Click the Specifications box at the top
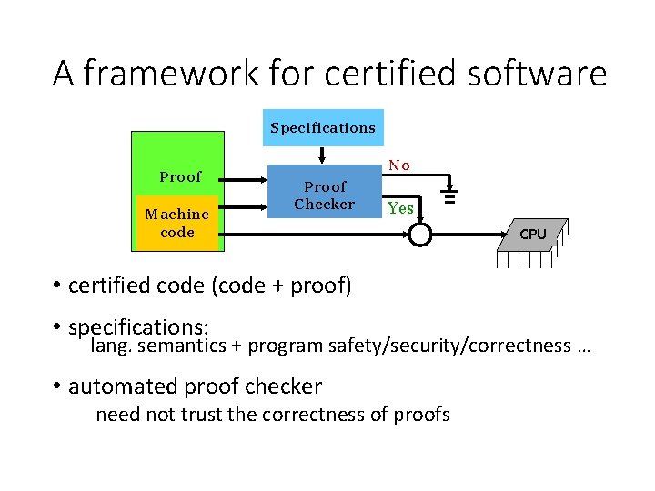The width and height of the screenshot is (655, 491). pyautogui.click(x=322, y=127)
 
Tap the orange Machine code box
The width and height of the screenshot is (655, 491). pyautogui.click(x=177, y=223)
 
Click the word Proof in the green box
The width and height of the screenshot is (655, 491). pyautogui.click(x=180, y=176)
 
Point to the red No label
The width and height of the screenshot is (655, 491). pyautogui.click(x=399, y=165)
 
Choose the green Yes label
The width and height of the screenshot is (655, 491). pyautogui.click(x=400, y=208)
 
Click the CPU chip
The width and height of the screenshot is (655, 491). pyautogui.click(x=532, y=235)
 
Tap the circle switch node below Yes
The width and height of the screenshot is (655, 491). pyautogui.click(x=419, y=235)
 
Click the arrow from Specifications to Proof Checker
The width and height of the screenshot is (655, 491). pyautogui.click(x=322, y=154)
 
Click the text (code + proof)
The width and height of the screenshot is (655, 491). pyautogui.click(x=282, y=286)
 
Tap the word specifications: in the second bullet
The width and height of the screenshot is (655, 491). pyautogui.click(x=139, y=326)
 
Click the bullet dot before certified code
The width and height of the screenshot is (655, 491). pyautogui.click(x=56, y=286)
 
